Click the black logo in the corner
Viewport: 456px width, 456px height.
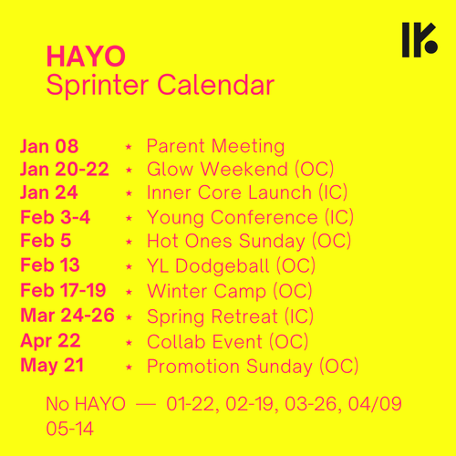tap(420, 39)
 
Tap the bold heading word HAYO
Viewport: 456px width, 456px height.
tap(86, 57)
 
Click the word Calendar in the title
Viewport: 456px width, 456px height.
tap(216, 85)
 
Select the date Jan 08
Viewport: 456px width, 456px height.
tap(49, 146)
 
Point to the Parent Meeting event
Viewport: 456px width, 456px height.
tap(215, 147)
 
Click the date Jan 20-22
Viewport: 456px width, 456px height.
tap(65, 170)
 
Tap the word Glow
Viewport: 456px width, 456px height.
tap(170, 169)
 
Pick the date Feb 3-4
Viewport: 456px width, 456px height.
tap(56, 217)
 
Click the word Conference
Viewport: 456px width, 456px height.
tap(264, 218)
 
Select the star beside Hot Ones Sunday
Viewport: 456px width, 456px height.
tap(129, 242)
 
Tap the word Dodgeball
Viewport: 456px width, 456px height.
tap(223, 266)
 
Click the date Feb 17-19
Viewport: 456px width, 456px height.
tap(63, 290)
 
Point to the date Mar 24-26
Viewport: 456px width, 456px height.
tap(67, 316)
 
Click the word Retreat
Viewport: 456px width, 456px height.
tap(244, 316)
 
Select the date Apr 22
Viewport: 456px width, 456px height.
tap(50, 341)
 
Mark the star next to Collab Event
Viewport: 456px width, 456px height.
tap(129, 343)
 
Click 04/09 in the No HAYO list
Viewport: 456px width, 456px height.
tap(375, 404)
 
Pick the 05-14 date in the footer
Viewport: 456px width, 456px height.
tap(69, 429)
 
